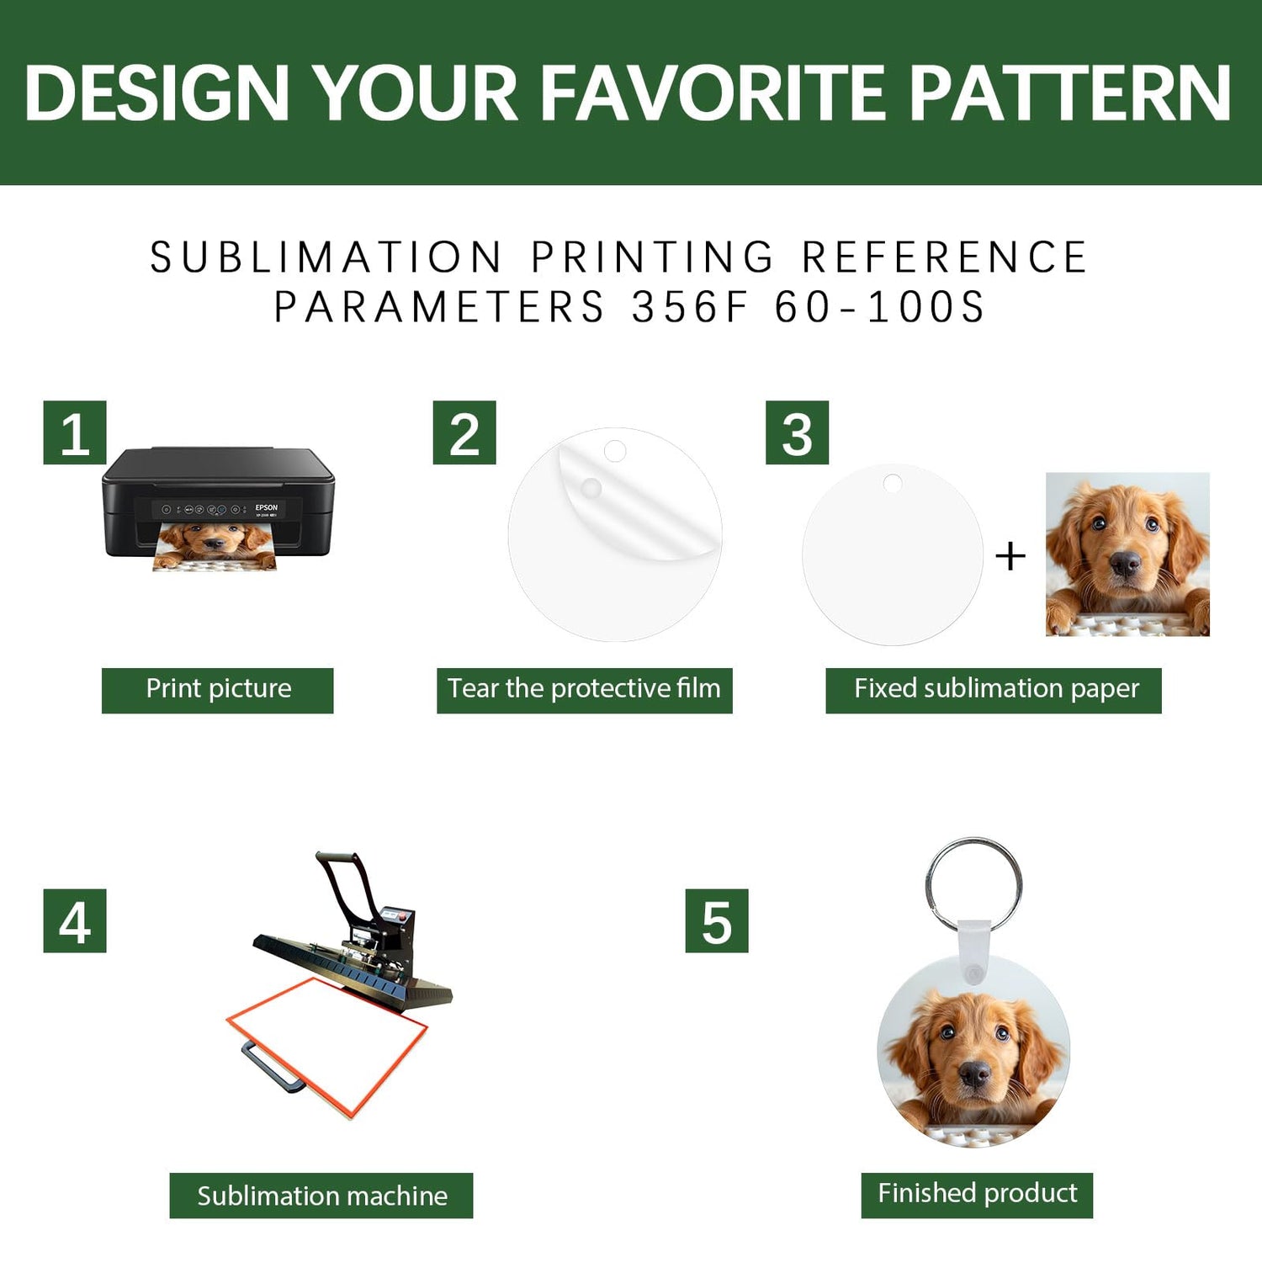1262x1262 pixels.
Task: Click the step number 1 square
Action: [75, 432]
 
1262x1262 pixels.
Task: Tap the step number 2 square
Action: [464, 432]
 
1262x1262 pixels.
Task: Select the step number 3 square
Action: [797, 432]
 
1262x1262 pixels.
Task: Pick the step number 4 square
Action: [75, 920]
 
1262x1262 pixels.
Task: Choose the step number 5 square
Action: [717, 920]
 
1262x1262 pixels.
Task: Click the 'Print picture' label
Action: [218, 690]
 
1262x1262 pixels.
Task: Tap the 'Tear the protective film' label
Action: [585, 690]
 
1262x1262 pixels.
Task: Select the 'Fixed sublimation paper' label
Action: [994, 690]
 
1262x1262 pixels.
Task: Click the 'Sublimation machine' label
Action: [321, 1196]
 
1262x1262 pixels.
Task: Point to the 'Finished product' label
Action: [977, 1195]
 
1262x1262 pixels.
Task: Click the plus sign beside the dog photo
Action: [1010, 556]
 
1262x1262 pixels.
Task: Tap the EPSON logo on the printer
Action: [267, 507]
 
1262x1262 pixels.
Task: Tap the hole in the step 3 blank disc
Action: [892, 484]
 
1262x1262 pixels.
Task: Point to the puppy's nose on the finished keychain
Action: [975, 1074]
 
